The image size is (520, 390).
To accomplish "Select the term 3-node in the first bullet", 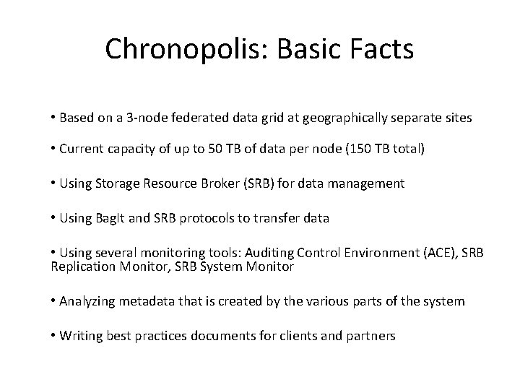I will [x=142, y=117].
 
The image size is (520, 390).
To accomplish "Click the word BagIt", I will [x=108, y=217].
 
